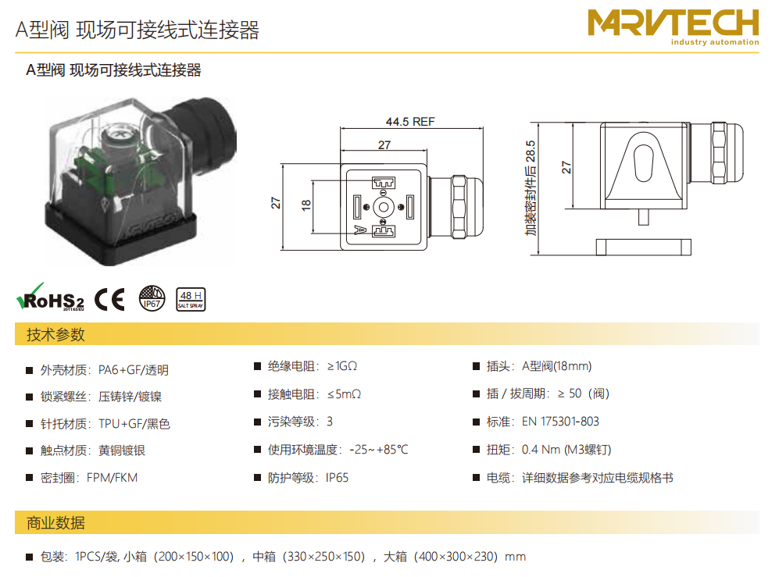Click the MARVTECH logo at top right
(x=674, y=27)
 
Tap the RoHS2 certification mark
(x=50, y=298)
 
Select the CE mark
(x=110, y=299)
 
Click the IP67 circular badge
(x=152, y=298)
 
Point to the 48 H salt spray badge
(x=191, y=299)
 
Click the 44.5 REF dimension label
(x=410, y=122)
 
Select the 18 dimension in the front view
(x=306, y=205)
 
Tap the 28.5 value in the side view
(x=531, y=151)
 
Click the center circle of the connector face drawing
(x=384, y=207)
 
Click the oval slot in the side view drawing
(x=643, y=163)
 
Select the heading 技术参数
(x=55, y=335)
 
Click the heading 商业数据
(x=55, y=522)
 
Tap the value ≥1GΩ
(x=342, y=366)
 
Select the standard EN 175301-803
(x=560, y=422)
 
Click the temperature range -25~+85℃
(x=379, y=450)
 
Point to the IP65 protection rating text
(x=337, y=478)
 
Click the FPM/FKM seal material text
(x=112, y=478)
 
